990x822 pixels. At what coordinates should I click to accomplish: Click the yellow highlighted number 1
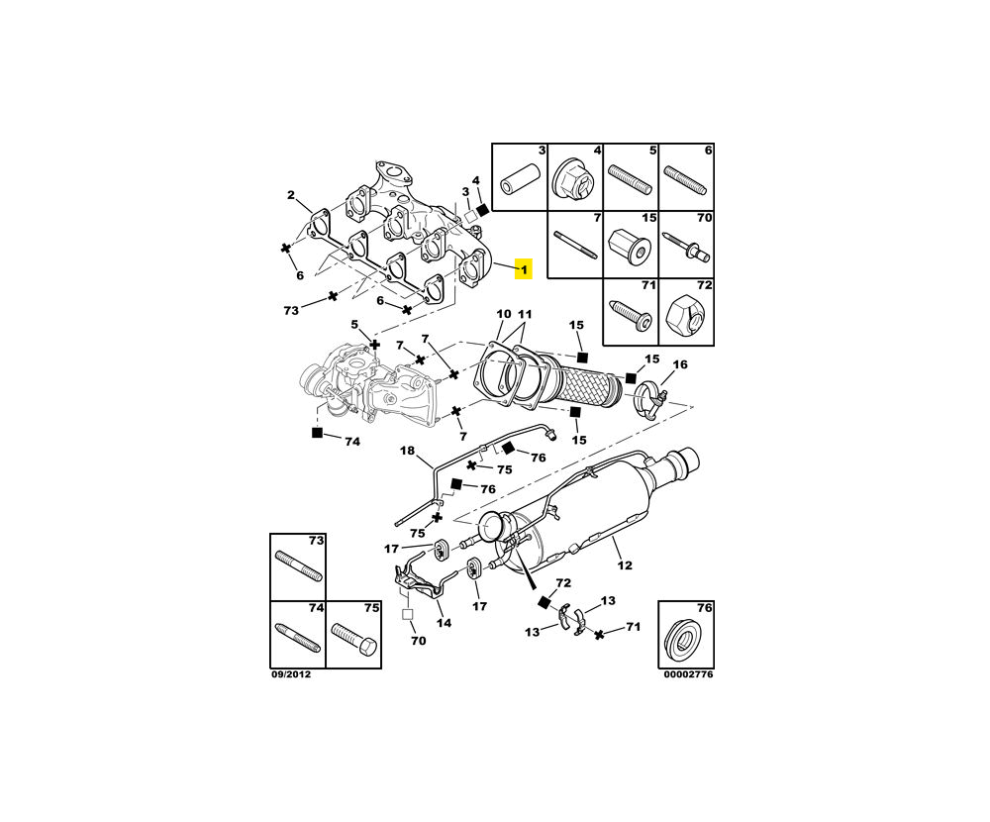[524, 267]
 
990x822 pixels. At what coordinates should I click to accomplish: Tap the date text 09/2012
[289, 674]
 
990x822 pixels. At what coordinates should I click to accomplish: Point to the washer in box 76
[684, 637]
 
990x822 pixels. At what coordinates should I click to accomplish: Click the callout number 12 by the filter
[624, 565]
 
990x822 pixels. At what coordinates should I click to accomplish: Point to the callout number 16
[679, 364]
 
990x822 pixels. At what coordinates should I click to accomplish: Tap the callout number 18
[407, 451]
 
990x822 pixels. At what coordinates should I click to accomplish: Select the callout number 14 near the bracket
[445, 623]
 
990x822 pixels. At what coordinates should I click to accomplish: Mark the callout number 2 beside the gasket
[291, 194]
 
